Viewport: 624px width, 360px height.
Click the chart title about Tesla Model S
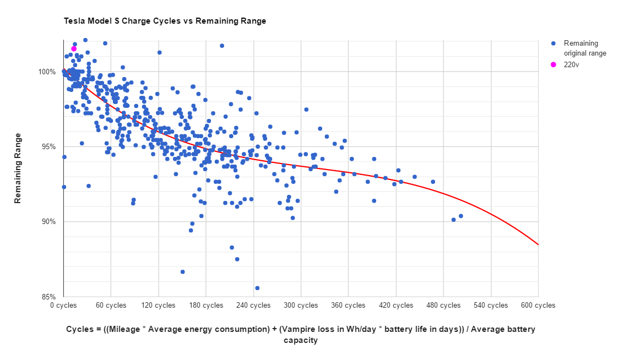[165, 21]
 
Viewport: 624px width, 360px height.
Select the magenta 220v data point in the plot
[74, 49]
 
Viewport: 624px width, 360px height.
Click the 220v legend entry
[571, 64]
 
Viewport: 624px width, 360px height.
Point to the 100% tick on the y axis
[47, 72]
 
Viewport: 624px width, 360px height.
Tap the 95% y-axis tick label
[48, 147]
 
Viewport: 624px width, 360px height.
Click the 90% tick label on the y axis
[48, 222]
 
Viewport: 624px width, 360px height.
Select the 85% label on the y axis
[48, 297]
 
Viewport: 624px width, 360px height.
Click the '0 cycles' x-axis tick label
[63, 306]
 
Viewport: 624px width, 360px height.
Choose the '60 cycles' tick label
[111, 306]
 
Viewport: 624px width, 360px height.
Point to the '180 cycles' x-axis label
[206, 306]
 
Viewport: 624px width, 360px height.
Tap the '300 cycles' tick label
[301, 306]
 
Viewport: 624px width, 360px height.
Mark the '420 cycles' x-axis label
[396, 306]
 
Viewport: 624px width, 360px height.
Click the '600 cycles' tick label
[538, 306]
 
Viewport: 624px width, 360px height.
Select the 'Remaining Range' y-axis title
[18, 168]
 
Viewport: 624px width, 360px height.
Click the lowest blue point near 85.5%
[257, 288]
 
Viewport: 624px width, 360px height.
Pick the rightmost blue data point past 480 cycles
[461, 216]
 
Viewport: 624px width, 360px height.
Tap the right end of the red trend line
[538, 244]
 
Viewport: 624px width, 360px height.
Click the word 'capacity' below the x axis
[301, 340]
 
